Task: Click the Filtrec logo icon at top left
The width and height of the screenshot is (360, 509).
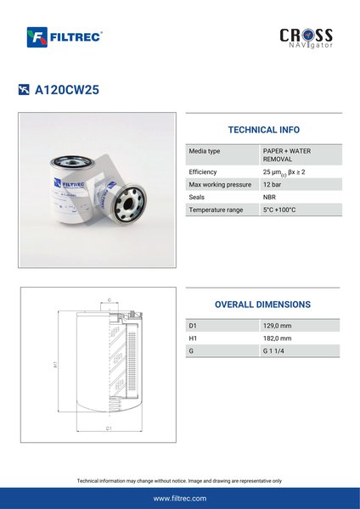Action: (x=37, y=37)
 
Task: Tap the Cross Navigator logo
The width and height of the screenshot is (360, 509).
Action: (x=306, y=38)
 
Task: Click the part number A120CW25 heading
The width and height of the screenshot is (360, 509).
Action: (x=67, y=90)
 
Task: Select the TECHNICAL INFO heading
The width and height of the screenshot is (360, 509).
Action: (x=264, y=130)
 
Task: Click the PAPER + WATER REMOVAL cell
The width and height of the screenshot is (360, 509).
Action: (x=287, y=155)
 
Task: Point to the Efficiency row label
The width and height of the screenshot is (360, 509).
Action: (x=203, y=172)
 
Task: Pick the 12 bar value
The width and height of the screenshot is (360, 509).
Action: (x=272, y=184)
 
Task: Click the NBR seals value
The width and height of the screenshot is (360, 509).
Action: (x=269, y=197)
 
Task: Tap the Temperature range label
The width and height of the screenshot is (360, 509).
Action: (x=216, y=210)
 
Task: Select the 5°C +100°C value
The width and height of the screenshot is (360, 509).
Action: (x=279, y=210)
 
